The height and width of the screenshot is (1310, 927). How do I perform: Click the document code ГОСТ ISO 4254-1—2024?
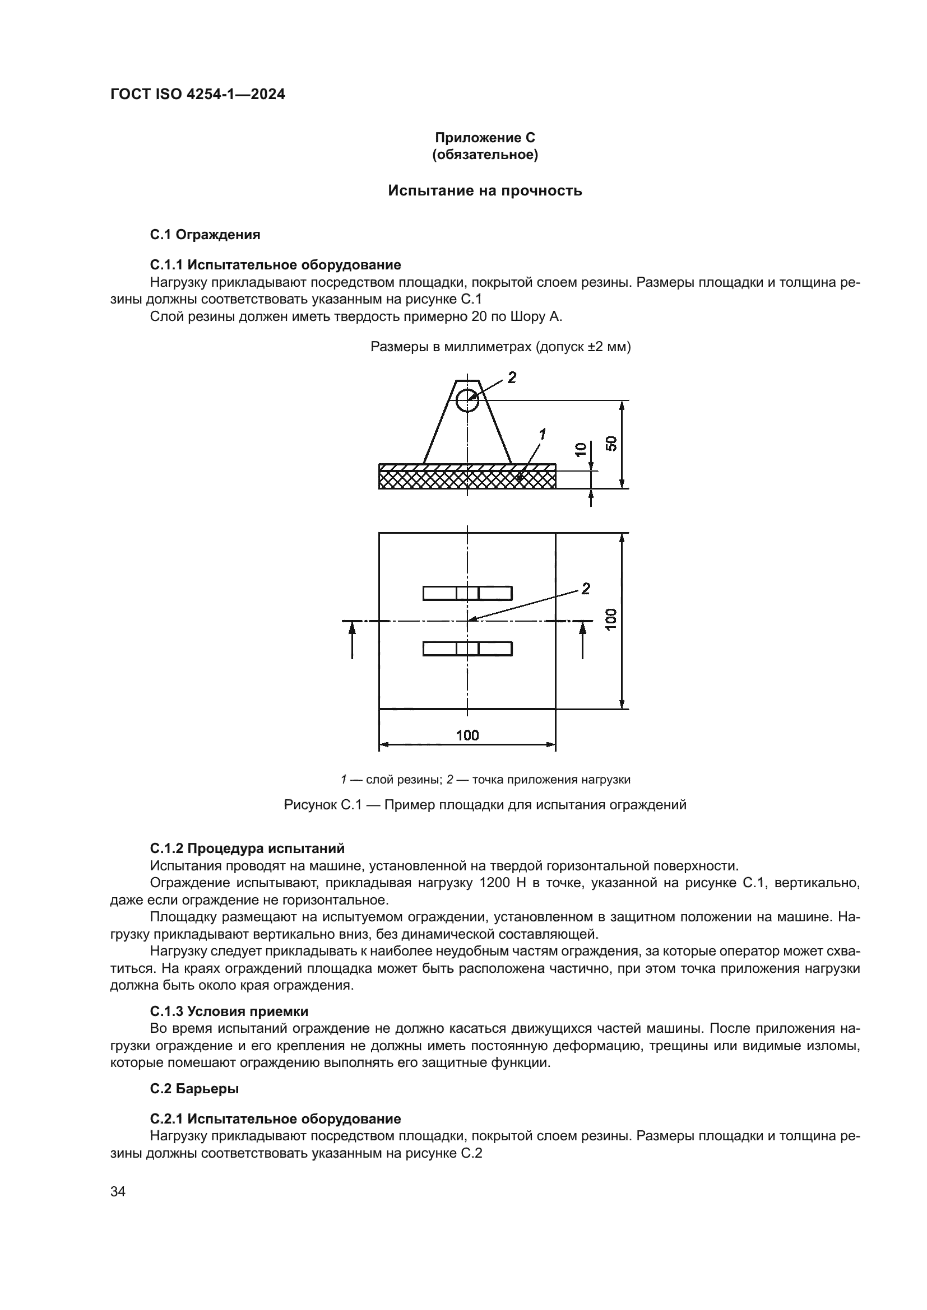point(197,95)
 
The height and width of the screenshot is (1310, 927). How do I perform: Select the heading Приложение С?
point(485,138)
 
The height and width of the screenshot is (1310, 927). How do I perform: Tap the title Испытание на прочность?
point(485,190)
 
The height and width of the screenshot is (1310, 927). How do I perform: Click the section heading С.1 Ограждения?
point(205,235)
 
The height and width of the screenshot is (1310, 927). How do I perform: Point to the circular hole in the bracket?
point(467,400)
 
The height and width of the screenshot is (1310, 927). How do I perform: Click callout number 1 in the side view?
point(543,435)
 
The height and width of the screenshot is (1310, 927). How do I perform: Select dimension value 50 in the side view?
point(611,444)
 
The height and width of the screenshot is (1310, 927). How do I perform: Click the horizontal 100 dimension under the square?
point(467,735)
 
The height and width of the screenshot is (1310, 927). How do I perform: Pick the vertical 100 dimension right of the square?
point(611,619)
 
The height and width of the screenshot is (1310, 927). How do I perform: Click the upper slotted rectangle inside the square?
point(467,593)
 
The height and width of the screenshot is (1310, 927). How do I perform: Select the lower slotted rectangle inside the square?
point(467,649)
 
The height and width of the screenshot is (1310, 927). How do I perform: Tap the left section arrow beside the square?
point(352,639)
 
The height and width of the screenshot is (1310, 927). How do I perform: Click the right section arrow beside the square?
point(583,639)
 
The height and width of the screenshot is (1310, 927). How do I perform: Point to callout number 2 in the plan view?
point(586,589)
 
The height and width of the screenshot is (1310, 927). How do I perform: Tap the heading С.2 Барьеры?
point(194,1089)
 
